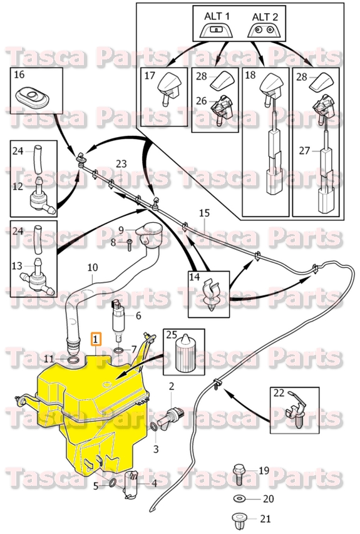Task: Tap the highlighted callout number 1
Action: (95, 340)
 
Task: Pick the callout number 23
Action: (121, 164)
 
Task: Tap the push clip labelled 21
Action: (239, 519)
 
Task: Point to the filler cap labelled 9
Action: (150, 234)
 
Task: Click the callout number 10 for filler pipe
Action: (92, 267)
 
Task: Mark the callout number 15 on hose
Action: (204, 213)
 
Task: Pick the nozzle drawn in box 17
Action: (167, 88)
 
